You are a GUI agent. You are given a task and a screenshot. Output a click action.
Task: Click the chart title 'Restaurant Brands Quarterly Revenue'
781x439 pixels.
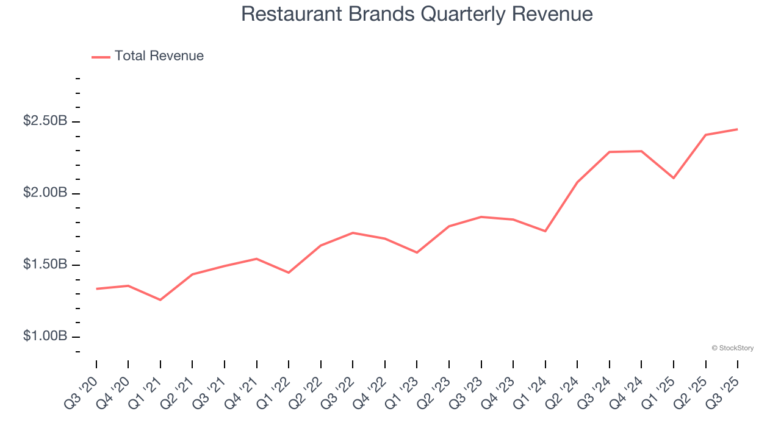point(417,14)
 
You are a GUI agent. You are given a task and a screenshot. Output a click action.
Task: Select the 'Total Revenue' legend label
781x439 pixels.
point(159,56)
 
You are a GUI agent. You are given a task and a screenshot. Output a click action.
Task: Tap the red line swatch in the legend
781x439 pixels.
point(101,57)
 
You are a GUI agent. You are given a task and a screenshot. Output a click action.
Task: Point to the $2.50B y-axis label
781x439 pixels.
point(45,121)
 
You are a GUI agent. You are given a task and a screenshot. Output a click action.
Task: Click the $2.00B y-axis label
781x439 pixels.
point(45,193)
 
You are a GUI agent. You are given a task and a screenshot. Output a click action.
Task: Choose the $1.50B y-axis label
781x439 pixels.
point(45,265)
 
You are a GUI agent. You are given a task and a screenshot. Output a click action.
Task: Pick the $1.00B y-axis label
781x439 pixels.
point(45,337)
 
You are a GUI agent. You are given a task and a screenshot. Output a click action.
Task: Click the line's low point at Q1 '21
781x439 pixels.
point(160,300)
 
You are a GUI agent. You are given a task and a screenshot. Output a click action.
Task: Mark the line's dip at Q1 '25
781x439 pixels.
point(674,178)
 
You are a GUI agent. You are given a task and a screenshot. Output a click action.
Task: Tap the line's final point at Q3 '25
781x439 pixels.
point(738,129)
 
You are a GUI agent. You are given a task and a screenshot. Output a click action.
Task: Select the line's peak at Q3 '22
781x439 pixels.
point(353,233)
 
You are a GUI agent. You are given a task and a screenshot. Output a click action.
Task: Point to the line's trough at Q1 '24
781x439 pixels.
point(545,231)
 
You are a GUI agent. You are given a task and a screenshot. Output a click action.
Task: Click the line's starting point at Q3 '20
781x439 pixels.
point(96,289)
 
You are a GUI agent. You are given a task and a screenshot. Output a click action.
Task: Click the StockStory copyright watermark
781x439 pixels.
point(732,348)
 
